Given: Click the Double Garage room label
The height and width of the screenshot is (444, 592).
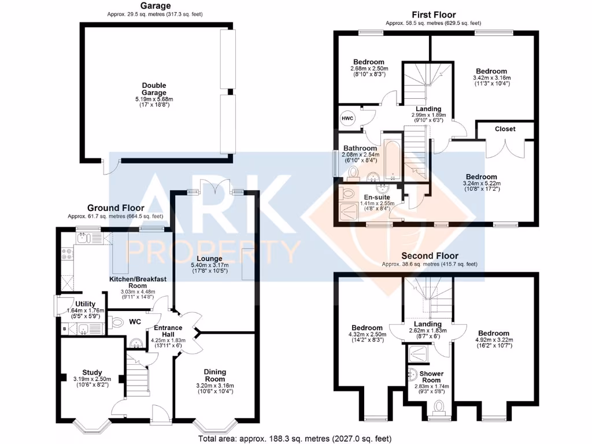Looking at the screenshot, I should point(154,89).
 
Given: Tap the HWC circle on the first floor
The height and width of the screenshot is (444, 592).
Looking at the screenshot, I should point(348,119).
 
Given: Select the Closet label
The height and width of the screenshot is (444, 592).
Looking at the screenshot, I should point(505,129).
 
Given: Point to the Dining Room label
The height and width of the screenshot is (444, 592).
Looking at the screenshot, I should point(214,376).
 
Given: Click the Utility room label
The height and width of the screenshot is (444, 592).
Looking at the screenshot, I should point(86,304).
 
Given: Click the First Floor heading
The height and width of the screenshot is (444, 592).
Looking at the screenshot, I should point(434,15).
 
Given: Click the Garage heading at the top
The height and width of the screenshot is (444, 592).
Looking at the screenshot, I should point(154,6).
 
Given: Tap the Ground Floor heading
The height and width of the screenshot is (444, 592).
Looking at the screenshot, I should point(115,208).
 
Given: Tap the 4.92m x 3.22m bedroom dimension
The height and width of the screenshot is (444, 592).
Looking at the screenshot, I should point(493,342).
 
